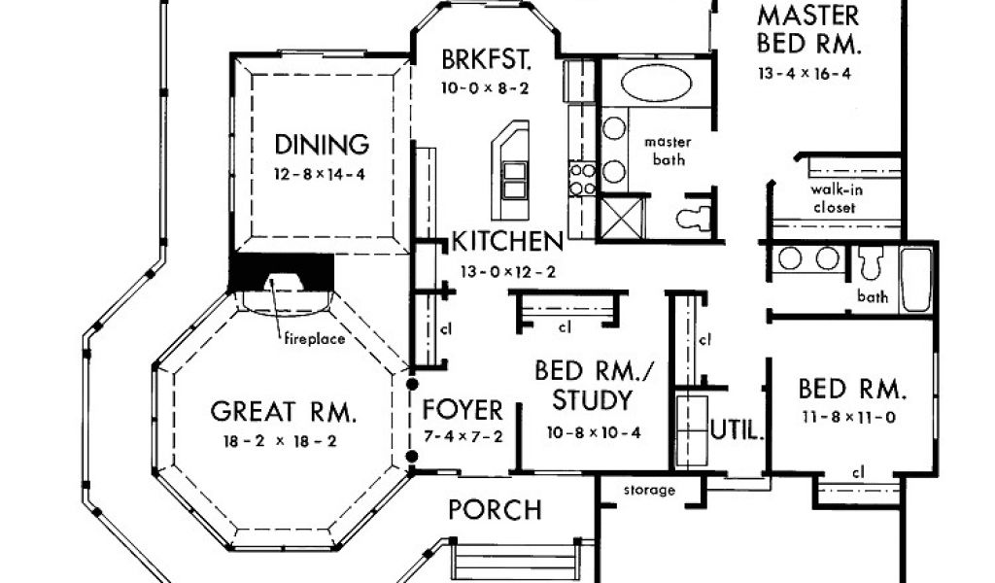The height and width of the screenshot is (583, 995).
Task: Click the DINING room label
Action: click(x=322, y=146)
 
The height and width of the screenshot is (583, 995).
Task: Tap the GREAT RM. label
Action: click(x=284, y=412)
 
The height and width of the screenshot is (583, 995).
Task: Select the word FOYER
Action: click(x=463, y=410)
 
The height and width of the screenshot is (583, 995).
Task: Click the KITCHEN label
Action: click(x=506, y=241)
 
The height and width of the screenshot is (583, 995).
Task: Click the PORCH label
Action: click(x=495, y=509)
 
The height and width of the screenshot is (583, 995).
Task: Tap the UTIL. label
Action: click(x=737, y=430)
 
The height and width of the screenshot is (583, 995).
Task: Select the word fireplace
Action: click(x=314, y=339)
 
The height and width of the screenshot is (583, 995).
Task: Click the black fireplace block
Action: click(x=282, y=271)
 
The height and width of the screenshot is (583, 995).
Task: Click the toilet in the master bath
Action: click(x=692, y=218)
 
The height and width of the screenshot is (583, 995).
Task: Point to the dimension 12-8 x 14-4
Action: click(x=321, y=175)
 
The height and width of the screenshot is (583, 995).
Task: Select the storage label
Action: click(x=650, y=491)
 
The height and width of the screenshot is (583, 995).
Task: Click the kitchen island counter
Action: click(x=511, y=170)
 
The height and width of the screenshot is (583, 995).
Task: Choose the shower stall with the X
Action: click(x=623, y=215)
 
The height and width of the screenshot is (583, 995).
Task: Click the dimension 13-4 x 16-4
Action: click(x=806, y=73)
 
